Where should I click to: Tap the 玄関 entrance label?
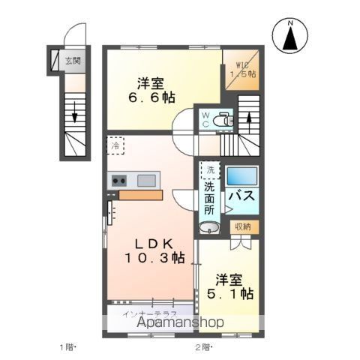72,61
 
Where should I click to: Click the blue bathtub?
241,176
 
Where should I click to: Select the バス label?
241,197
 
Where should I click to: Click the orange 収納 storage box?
241,226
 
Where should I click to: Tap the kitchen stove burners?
120,180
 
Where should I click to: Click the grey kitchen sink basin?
147,179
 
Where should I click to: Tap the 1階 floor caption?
68,347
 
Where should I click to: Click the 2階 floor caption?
203,347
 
